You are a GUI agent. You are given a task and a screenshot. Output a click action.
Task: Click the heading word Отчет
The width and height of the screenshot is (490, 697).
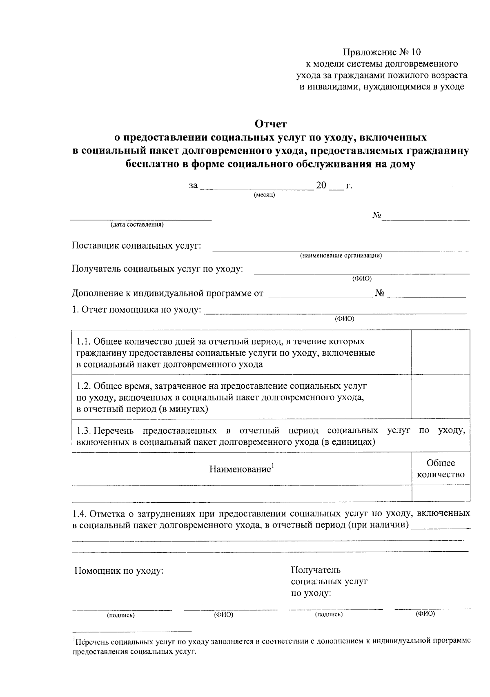[271, 123]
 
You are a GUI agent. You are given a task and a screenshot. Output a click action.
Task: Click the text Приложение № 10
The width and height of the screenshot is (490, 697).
[381, 52]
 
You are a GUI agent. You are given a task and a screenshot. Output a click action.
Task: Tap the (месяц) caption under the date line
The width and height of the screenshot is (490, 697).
[264, 195]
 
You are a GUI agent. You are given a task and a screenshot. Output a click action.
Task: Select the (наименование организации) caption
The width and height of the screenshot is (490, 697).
[341, 256]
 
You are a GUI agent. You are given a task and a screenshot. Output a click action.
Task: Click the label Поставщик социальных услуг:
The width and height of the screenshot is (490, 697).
[136, 246]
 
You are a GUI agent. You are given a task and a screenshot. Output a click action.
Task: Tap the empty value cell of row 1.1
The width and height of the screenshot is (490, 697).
[441, 352]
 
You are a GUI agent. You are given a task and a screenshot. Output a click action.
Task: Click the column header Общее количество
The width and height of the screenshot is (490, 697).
[441, 469]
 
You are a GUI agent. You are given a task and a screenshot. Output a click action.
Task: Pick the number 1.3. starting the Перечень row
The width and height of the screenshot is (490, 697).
[85, 431]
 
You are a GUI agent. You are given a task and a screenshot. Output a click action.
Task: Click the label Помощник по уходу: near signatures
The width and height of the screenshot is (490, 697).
[119, 571]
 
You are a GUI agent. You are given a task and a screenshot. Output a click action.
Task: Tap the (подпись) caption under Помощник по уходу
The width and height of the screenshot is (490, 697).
[121, 615]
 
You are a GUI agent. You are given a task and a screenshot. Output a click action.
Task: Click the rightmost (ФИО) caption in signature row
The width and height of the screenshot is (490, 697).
[425, 614]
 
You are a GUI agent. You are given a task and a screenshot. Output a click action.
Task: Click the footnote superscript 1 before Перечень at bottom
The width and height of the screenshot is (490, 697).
[74, 639]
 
